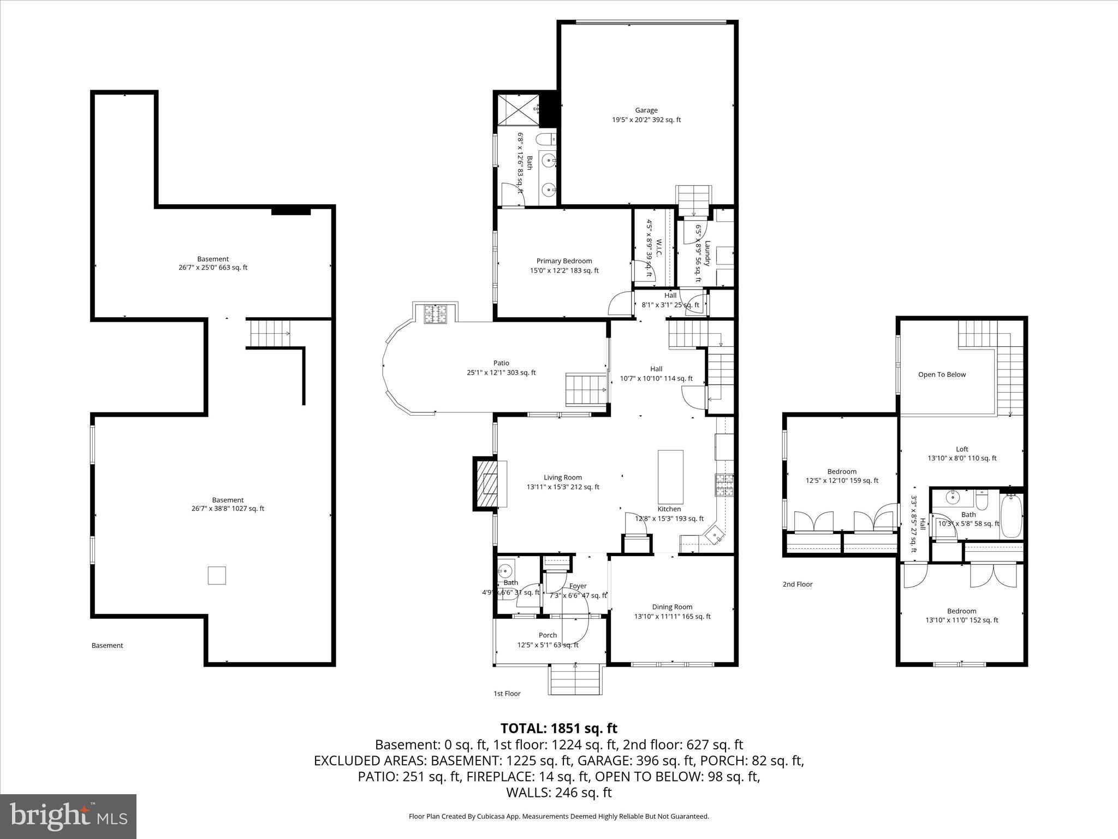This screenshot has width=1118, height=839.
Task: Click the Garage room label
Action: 646,115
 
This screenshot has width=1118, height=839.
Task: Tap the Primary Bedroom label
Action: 564,265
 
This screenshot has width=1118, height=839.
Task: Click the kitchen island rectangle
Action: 670,476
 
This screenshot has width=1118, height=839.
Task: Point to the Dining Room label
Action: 672,611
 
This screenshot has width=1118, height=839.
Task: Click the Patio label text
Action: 501,368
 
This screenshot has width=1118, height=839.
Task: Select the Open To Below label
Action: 942,375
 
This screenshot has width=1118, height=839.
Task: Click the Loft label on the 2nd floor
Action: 962,454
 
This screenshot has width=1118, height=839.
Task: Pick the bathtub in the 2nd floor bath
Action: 1011,516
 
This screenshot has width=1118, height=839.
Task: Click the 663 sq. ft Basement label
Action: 213,263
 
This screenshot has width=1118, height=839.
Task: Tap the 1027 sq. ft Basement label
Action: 228,504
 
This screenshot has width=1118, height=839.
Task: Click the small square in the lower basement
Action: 217,576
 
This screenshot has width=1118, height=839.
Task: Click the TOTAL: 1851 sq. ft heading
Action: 558,728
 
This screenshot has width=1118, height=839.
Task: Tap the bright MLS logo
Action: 68,816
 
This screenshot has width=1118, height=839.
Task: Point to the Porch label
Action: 548,640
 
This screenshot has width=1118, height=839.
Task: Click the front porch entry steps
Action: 576,680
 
